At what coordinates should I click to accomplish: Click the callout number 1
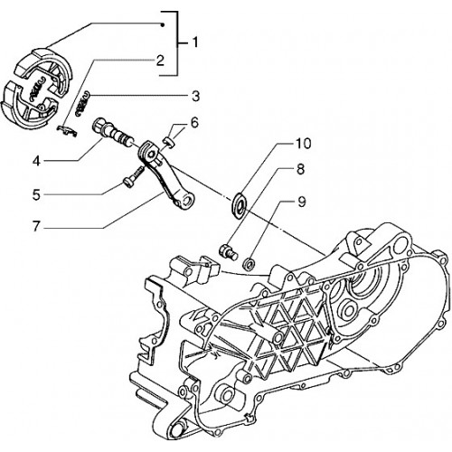(195, 42)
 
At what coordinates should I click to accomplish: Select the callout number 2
(160, 61)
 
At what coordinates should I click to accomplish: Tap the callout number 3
(195, 97)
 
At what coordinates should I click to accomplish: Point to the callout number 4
(36, 161)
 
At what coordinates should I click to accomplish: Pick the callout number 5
(36, 194)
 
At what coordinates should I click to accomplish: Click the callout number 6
(194, 123)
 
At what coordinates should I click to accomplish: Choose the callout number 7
(36, 226)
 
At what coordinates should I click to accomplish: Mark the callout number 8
(300, 169)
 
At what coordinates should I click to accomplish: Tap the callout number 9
(301, 202)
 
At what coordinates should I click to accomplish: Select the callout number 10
(303, 144)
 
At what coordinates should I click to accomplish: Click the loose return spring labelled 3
(82, 104)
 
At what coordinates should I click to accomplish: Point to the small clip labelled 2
(67, 130)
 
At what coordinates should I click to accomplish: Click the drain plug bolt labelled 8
(228, 252)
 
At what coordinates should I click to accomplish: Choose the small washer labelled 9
(249, 263)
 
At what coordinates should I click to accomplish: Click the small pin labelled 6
(170, 143)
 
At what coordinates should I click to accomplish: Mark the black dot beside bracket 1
(162, 25)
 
